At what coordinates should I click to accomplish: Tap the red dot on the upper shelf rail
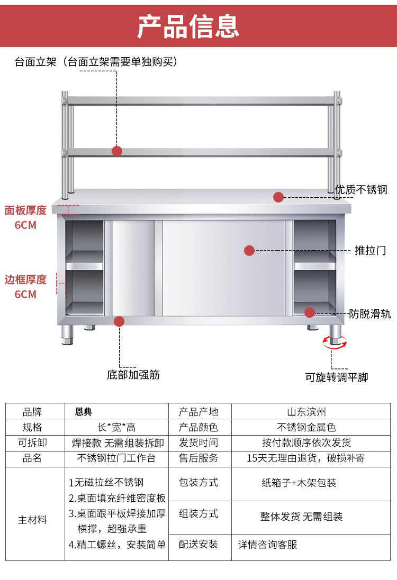(x=117, y=151)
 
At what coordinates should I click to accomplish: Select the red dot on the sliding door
(x=249, y=250)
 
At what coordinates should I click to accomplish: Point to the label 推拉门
(x=370, y=250)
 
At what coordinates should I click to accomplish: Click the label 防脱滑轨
(x=370, y=314)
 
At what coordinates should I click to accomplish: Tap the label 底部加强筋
(x=133, y=375)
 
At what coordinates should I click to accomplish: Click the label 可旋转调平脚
(x=337, y=377)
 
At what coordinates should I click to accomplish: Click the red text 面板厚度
(x=25, y=210)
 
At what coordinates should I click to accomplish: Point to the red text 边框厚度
(x=25, y=279)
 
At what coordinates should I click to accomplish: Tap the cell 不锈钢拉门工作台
(x=116, y=458)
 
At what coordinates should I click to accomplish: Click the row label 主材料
(x=33, y=520)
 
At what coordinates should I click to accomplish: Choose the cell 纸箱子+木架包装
(x=299, y=483)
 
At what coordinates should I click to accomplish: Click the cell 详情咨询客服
(x=267, y=544)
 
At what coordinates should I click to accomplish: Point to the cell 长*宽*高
(x=116, y=427)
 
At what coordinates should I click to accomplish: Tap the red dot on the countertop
(x=278, y=197)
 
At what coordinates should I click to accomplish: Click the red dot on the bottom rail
(x=119, y=321)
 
